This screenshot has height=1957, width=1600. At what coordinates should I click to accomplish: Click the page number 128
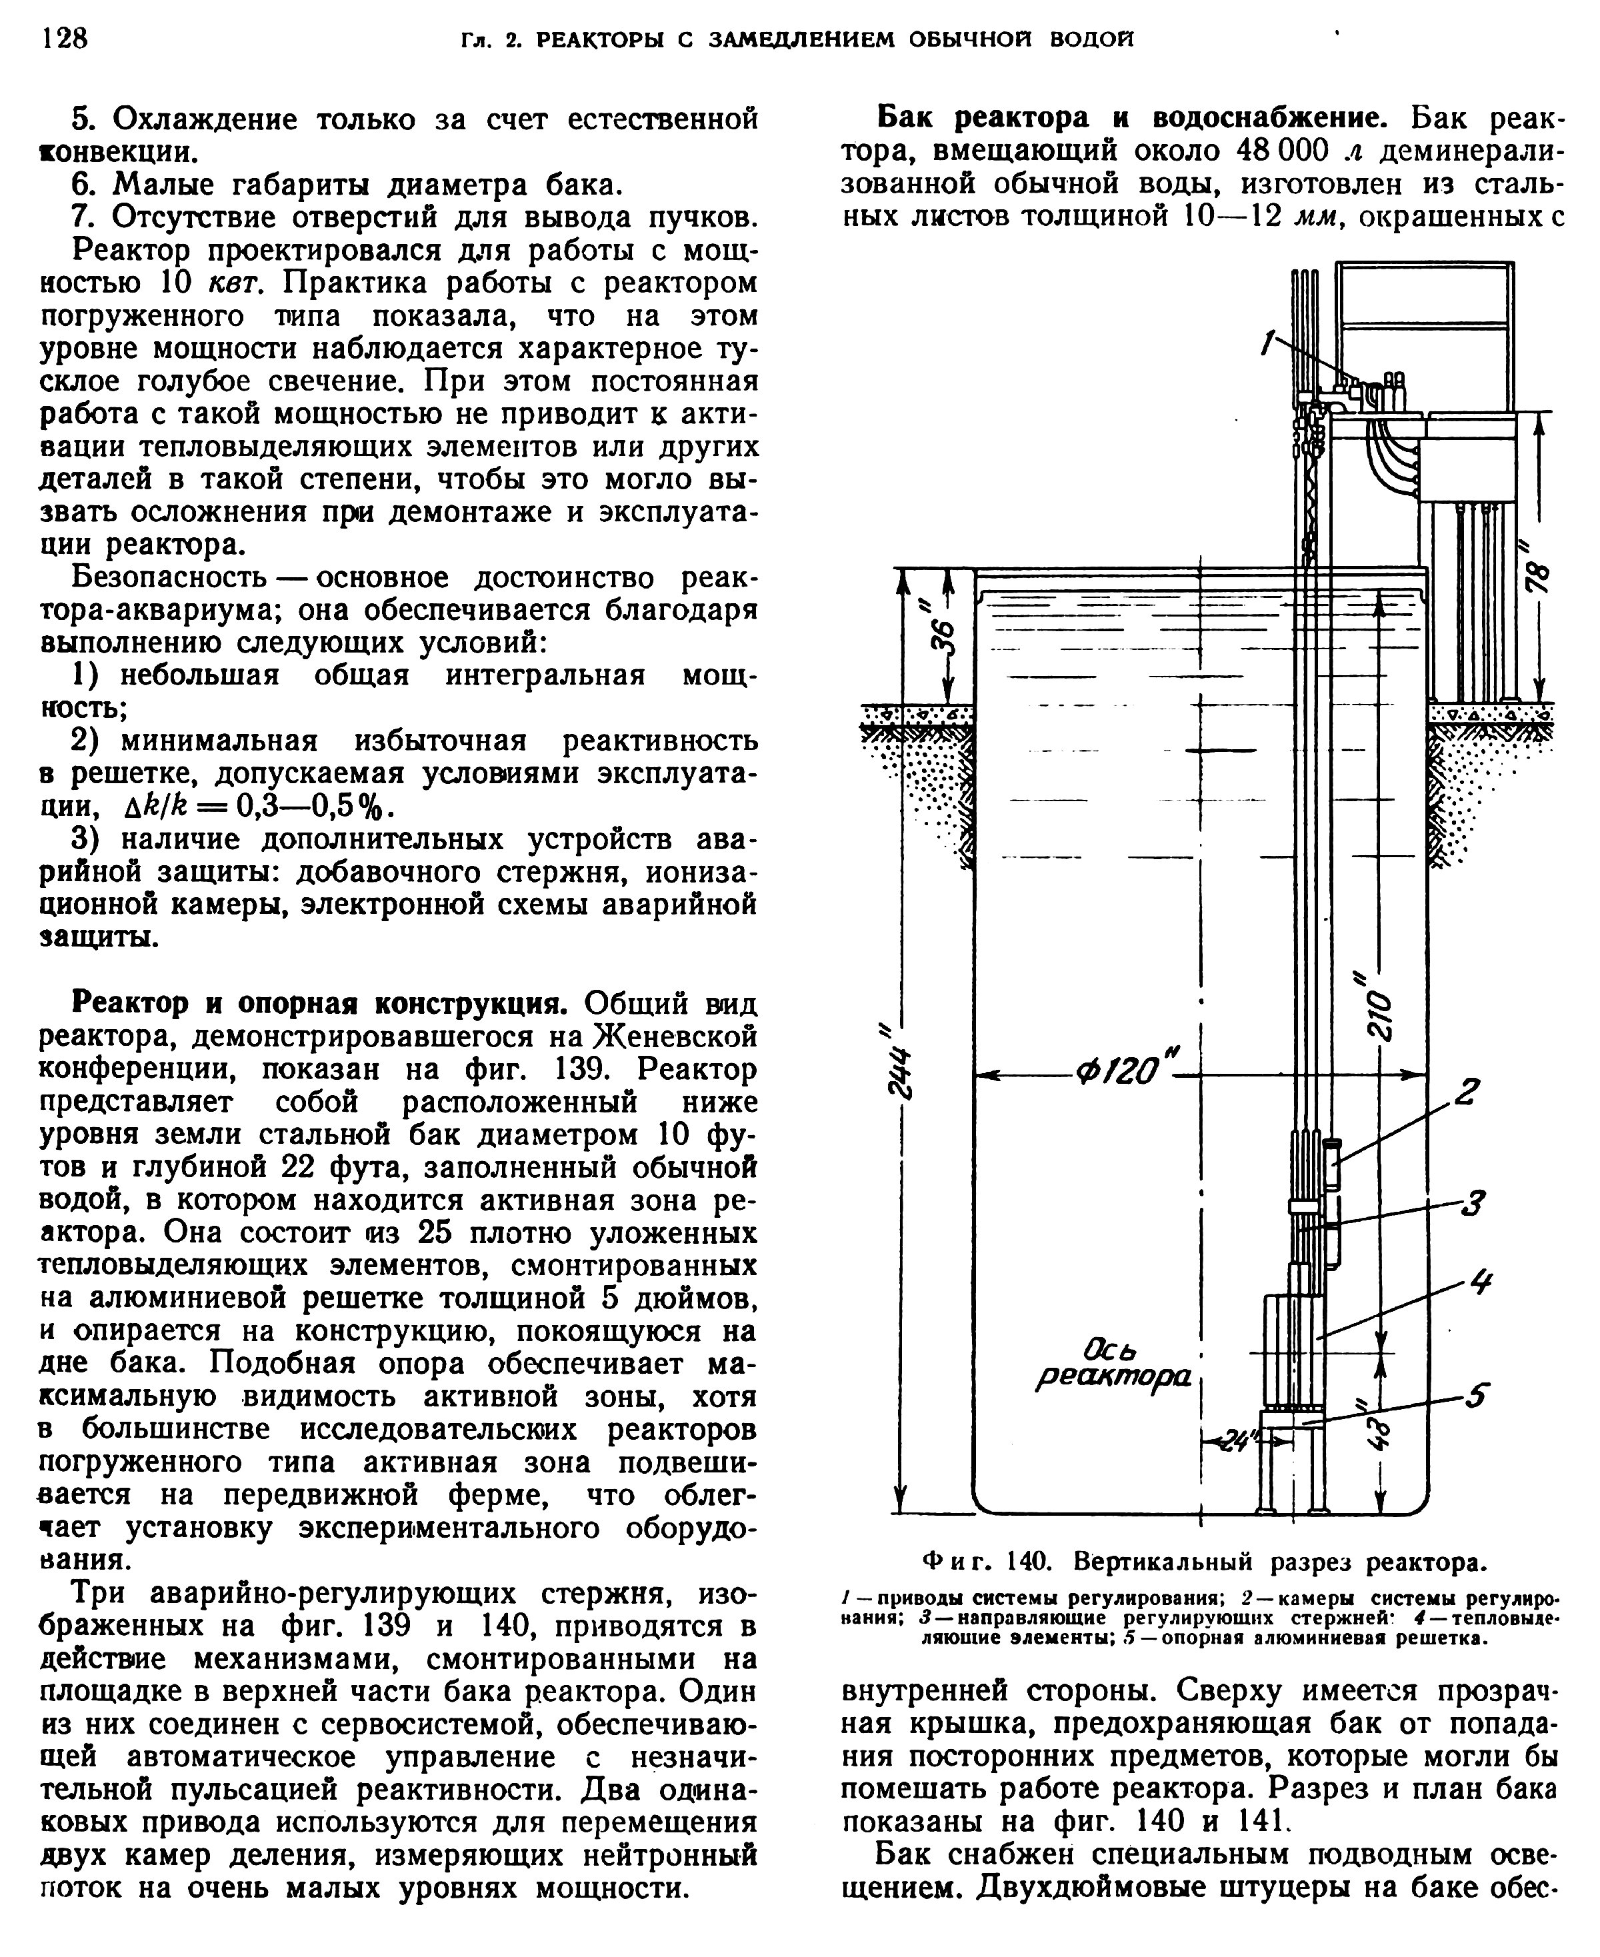tap(65, 38)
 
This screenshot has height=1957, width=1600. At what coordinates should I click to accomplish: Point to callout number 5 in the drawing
tap(1477, 1397)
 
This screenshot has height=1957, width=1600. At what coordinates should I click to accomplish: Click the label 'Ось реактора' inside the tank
tap(1113, 1364)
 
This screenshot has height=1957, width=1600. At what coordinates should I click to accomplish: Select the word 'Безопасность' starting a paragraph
tap(169, 579)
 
